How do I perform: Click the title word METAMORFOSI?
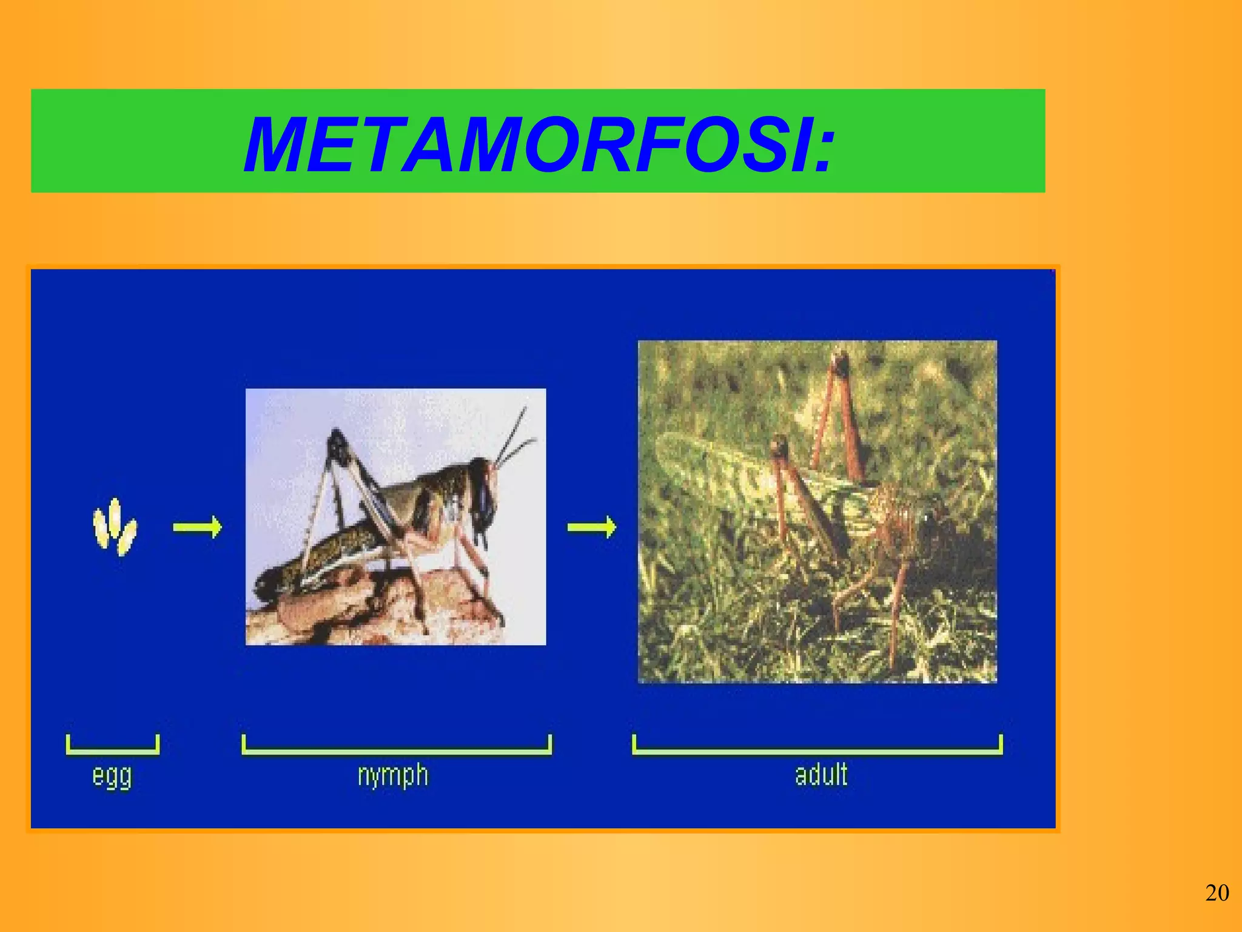point(528,146)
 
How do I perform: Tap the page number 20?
point(1217,893)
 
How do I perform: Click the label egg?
point(112,777)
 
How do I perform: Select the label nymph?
point(393,775)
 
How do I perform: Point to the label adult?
point(821,775)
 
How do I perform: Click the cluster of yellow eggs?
point(114,527)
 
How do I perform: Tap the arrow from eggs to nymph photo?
point(198,527)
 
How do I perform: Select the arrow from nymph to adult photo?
point(591,527)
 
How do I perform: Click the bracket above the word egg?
point(112,751)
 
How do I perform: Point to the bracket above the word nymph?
point(397,751)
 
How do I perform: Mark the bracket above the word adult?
point(817,751)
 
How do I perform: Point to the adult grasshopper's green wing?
point(728,467)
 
